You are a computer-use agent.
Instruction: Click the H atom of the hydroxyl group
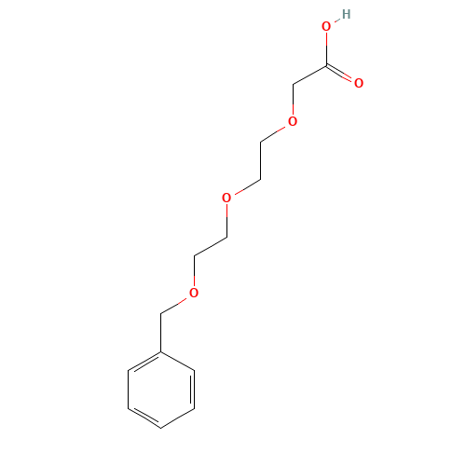(347, 14)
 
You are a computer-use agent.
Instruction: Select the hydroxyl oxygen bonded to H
(326, 27)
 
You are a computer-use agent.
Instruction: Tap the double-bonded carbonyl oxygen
(359, 83)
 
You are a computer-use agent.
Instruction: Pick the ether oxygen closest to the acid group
(292, 121)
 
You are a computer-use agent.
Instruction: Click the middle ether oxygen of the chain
(226, 198)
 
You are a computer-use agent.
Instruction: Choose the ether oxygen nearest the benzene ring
(194, 294)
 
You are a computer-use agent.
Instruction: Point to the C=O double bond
(343, 75)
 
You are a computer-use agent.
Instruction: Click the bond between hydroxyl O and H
(336, 21)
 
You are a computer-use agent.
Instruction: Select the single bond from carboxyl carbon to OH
(326, 47)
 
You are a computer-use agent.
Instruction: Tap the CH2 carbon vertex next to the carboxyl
(294, 85)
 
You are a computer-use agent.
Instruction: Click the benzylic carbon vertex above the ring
(161, 313)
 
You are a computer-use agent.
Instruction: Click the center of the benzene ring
(161, 390)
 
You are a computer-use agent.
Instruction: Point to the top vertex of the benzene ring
(161, 351)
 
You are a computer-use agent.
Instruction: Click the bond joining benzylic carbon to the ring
(161, 333)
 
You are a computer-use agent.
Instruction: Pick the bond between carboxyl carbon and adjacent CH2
(309, 75)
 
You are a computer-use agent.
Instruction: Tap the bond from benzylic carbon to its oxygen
(177, 304)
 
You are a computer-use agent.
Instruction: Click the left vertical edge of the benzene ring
(129, 390)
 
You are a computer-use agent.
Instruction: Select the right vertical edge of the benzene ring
(195, 390)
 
